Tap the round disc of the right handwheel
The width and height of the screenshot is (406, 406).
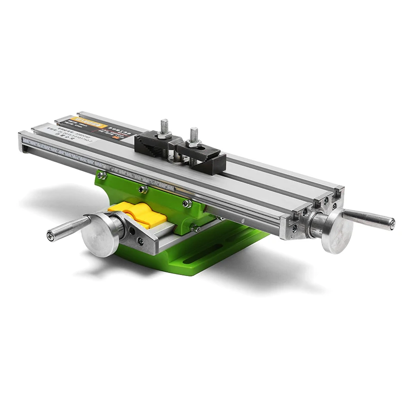tap(337, 231)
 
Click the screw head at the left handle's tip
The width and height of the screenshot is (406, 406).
tap(49, 235)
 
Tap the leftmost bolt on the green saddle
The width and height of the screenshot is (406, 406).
tap(101, 175)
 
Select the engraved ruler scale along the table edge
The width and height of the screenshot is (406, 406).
tap(152, 173)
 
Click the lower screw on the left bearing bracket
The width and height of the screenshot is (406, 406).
tap(140, 242)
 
